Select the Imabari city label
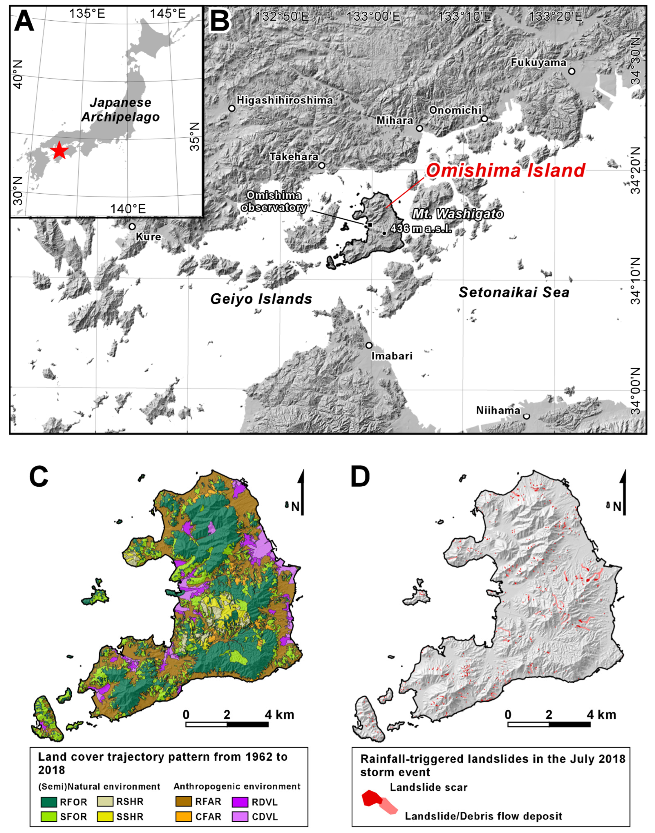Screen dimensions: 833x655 (392, 356)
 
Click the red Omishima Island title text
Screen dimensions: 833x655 (505, 170)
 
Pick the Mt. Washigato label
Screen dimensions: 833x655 (458, 214)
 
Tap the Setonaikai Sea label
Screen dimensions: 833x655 (514, 292)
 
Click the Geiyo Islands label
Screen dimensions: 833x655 (261, 299)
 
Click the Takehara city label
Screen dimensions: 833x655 (294, 157)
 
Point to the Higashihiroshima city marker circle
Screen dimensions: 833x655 (232, 108)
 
